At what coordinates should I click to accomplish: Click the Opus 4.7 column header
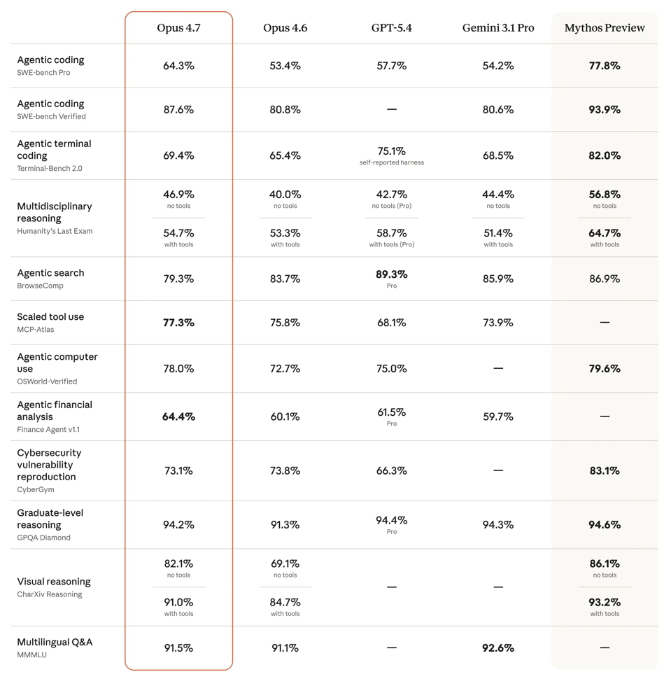pos(178,28)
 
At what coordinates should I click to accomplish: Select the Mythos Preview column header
pos(605,28)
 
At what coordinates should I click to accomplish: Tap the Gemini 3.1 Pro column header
pos(497,28)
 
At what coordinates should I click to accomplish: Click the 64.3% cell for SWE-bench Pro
pos(178,66)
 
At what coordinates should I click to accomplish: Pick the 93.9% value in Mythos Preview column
pos(605,110)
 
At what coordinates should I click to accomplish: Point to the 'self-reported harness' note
pos(391,163)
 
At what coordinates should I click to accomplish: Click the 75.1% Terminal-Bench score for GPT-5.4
pos(391,151)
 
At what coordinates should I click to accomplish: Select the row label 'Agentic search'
pos(50,273)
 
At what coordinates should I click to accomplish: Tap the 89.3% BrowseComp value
pos(391,274)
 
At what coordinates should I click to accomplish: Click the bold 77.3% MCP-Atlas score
pos(178,323)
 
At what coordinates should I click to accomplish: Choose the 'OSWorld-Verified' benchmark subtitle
pos(47,381)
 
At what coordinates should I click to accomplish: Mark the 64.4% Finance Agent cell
pos(178,416)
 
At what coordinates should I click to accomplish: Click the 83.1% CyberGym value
pos(605,471)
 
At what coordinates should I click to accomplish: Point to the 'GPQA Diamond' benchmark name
pos(43,538)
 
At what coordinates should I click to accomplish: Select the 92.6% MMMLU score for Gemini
pos(497,648)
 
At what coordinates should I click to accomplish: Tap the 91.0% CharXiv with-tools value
pos(178,602)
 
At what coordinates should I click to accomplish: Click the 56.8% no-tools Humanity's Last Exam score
pos(605,195)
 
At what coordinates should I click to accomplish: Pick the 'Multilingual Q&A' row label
pos(55,642)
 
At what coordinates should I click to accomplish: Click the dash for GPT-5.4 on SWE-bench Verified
pos(391,110)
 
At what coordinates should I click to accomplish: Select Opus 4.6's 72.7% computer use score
pos(285,369)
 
